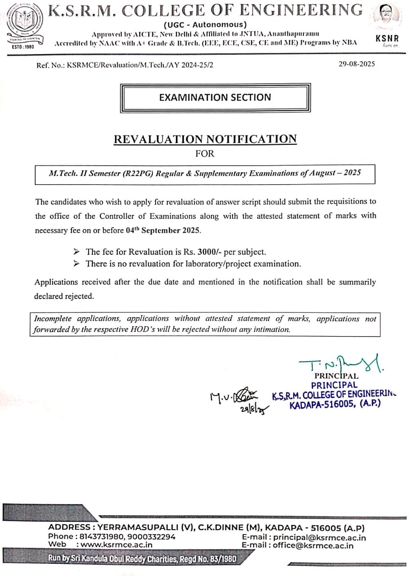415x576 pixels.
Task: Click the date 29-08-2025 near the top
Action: (357, 64)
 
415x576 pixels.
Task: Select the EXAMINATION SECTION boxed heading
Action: (215, 98)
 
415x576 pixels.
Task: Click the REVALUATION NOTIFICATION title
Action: (205, 139)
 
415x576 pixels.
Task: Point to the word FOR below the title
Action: (205, 154)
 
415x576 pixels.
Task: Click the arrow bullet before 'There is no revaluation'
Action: (77, 263)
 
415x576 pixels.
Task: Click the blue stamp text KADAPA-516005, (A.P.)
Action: (335, 404)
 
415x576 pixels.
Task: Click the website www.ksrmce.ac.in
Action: (116, 544)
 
